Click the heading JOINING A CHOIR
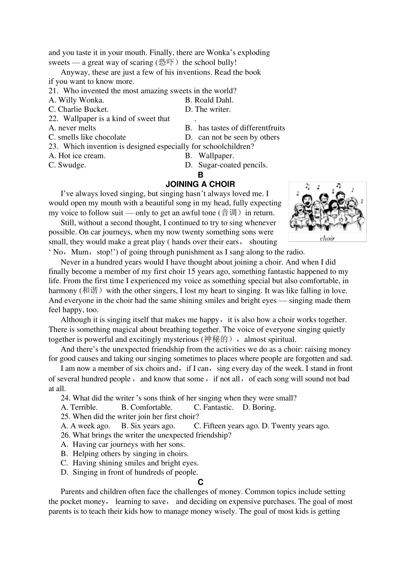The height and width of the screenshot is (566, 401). (200, 184)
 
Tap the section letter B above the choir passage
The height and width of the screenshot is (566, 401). (200, 175)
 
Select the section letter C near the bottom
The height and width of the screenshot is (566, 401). (200, 482)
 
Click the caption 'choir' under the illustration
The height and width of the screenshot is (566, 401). (327, 239)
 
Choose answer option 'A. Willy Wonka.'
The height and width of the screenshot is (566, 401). (76, 100)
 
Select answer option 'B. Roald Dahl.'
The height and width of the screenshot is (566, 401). (209, 100)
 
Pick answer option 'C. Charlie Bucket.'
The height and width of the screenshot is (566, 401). (79, 109)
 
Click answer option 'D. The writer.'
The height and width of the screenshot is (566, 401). (208, 109)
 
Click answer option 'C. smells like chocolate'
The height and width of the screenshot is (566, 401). (87, 137)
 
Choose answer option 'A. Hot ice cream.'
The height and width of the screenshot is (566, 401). (77, 156)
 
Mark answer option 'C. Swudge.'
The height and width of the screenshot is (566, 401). (67, 165)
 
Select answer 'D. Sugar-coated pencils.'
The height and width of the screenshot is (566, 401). (226, 165)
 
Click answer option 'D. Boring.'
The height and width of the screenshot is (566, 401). (259, 407)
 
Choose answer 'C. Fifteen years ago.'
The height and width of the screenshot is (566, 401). (227, 426)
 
